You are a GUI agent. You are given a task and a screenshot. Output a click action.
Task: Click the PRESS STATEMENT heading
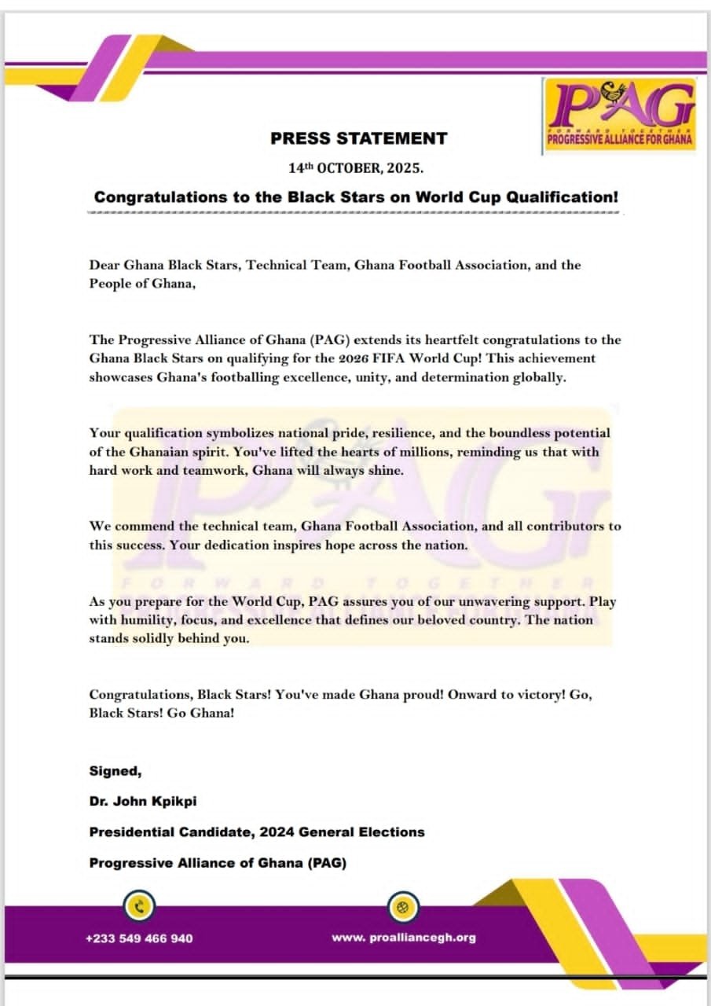358,139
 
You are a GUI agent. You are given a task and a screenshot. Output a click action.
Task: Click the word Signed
115,772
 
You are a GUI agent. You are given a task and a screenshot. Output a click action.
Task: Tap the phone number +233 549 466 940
139,938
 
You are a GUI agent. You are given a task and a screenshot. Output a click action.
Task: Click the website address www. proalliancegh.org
403,937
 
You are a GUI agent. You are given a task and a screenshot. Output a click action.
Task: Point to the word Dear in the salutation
104,265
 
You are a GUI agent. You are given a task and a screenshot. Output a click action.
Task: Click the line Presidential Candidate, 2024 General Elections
257,832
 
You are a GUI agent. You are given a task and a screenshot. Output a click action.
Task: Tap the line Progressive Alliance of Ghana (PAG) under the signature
218,862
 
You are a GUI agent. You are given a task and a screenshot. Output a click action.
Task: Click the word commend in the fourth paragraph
138,526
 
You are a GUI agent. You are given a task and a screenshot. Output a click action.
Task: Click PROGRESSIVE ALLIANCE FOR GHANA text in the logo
620,142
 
